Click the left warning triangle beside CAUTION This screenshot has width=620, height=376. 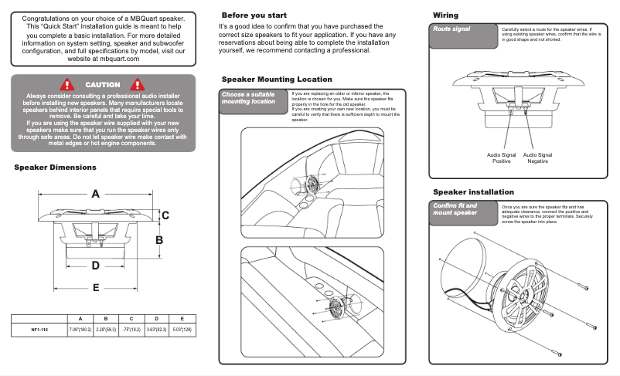[69, 84]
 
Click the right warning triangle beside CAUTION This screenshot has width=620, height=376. [138, 84]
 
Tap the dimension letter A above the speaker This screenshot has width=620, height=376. [96, 194]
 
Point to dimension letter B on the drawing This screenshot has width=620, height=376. [160, 240]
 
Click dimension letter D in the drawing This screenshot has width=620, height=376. [96, 265]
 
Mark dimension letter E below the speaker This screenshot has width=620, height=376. [96, 288]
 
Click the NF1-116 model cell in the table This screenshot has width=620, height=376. [40, 330]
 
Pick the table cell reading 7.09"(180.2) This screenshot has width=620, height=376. [80, 330]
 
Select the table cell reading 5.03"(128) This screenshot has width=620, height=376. [182, 330]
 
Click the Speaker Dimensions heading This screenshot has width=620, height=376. [56, 167]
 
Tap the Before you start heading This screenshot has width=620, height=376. [254, 15]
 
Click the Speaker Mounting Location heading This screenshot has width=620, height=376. [277, 80]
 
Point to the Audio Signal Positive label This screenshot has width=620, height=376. [501, 158]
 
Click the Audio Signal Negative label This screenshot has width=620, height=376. [537, 158]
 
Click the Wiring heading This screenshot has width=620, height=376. [445, 15]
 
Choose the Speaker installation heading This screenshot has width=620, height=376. [473, 191]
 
